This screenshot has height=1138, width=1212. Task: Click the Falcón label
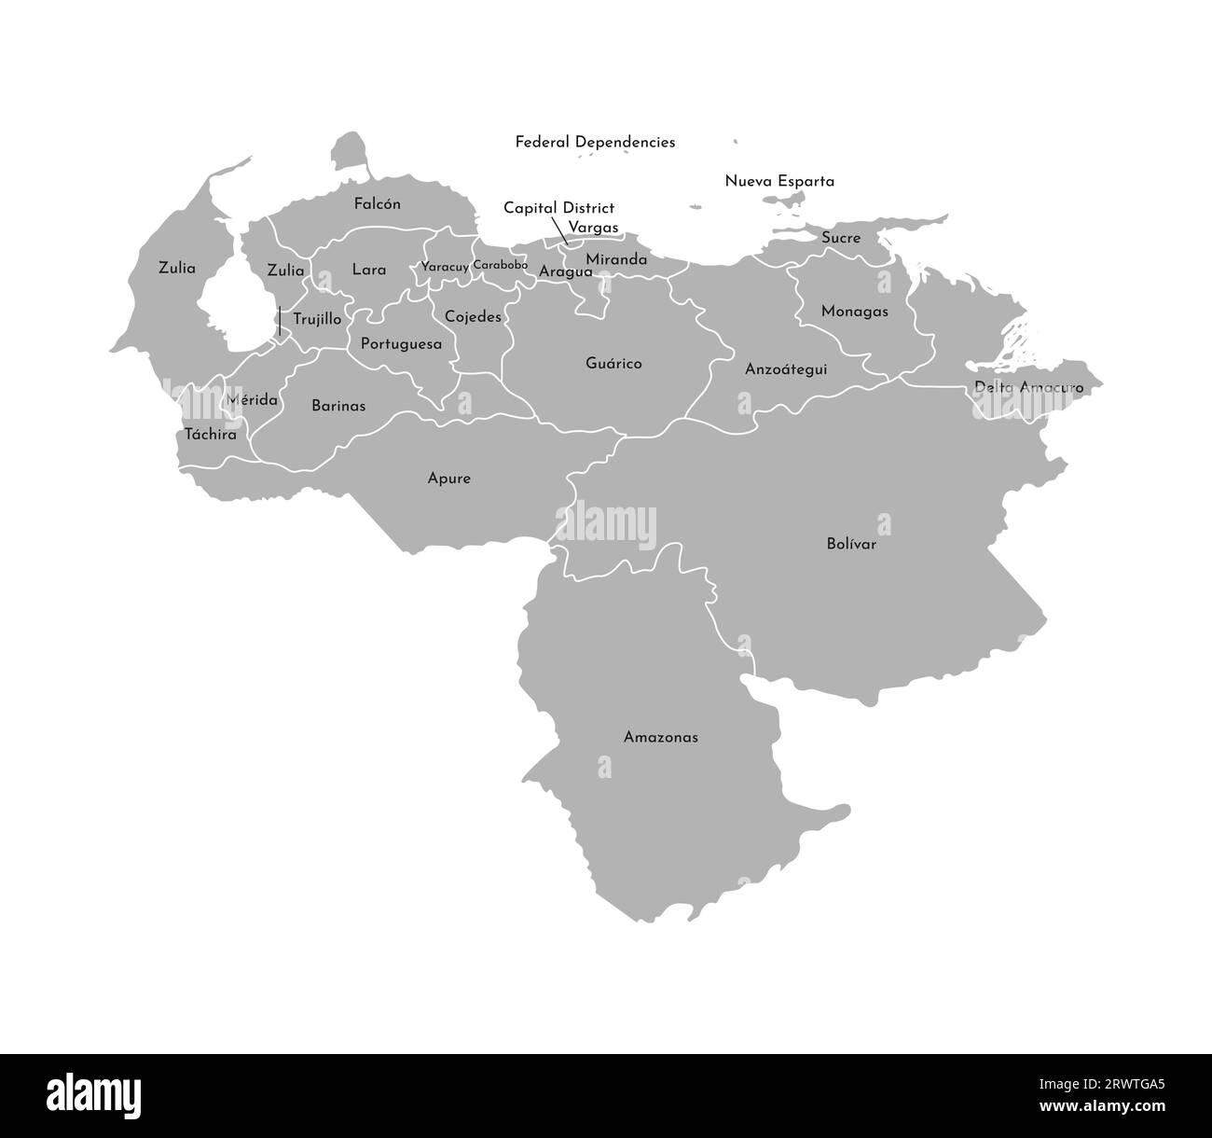[378, 203]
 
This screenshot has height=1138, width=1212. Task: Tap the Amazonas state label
[660, 737]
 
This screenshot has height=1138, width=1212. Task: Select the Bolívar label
[851, 544]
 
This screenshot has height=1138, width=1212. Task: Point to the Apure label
[448, 479]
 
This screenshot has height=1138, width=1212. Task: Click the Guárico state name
[613, 363]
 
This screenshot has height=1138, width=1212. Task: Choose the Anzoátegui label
[786, 369]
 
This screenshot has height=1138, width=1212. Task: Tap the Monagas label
[854, 312]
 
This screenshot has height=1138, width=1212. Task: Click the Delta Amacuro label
[1028, 386]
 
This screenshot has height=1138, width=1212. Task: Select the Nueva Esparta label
[779, 181]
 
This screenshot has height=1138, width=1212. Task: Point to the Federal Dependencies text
[595, 142]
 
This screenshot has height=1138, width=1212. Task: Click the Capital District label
[558, 208]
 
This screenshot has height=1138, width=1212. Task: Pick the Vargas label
[593, 227]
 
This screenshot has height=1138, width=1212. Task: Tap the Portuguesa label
[401, 343]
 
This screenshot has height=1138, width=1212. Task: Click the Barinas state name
[338, 406]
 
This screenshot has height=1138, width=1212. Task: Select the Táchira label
[210, 434]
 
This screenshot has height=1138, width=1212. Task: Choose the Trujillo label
[317, 319]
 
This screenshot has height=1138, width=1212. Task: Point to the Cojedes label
[473, 316]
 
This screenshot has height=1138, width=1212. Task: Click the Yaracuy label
[445, 267]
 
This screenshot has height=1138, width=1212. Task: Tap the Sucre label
[841, 238]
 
